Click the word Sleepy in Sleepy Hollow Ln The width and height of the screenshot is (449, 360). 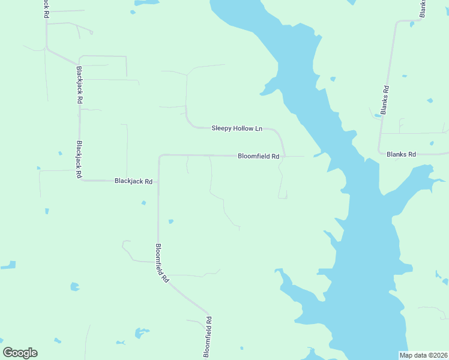coord(221,128)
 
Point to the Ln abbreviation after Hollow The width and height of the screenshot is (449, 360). coord(259,128)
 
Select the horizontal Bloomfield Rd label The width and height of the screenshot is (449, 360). coord(259,156)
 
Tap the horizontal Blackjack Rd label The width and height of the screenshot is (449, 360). coord(133,181)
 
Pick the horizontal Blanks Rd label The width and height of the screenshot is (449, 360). coord(402,154)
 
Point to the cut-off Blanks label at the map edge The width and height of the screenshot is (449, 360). coord(423,8)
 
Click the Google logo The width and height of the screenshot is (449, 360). coord(20,353)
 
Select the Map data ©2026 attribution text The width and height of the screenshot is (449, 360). coord(423,355)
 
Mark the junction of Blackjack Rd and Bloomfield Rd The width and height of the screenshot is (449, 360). coord(158,181)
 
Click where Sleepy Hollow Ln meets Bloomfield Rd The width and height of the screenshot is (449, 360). coord(285,156)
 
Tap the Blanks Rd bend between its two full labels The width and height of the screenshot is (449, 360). coord(380,152)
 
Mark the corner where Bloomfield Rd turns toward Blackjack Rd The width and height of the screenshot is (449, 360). coord(160,156)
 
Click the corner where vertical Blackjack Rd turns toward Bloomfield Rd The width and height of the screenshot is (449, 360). coord(80,179)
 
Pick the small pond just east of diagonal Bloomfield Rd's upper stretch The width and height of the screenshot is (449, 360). coord(171,221)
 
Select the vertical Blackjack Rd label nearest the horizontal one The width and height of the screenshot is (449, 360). coord(79,160)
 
